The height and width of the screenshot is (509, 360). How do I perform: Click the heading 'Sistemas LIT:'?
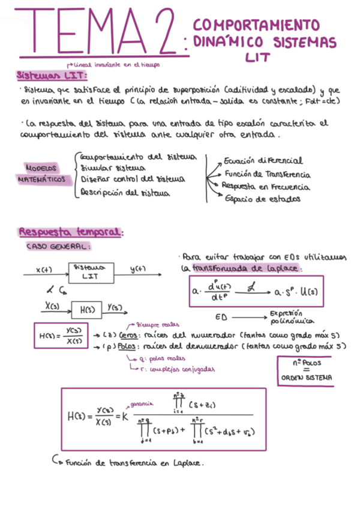pyautogui.click(x=52, y=76)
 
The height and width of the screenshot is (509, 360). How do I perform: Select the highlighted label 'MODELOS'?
pyautogui.click(x=41, y=167)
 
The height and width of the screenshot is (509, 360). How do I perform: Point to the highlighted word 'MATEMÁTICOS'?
pyautogui.click(x=41, y=179)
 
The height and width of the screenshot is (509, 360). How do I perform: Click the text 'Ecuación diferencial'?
pyautogui.click(x=263, y=161)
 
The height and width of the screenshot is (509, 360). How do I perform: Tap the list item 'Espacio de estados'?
pyautogui.click(x=262, y=199)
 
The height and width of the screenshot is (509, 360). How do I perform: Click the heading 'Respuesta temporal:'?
pyautogui.click(x=71, y=232)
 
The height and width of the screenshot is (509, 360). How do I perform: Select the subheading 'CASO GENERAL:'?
pyautogui.click(x=58, y=246)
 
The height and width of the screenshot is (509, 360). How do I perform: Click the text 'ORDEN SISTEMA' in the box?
pyautogui.click(x=304, y=379)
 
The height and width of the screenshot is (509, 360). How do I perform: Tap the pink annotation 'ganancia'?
pyautogui.click(x=140, y=404)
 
